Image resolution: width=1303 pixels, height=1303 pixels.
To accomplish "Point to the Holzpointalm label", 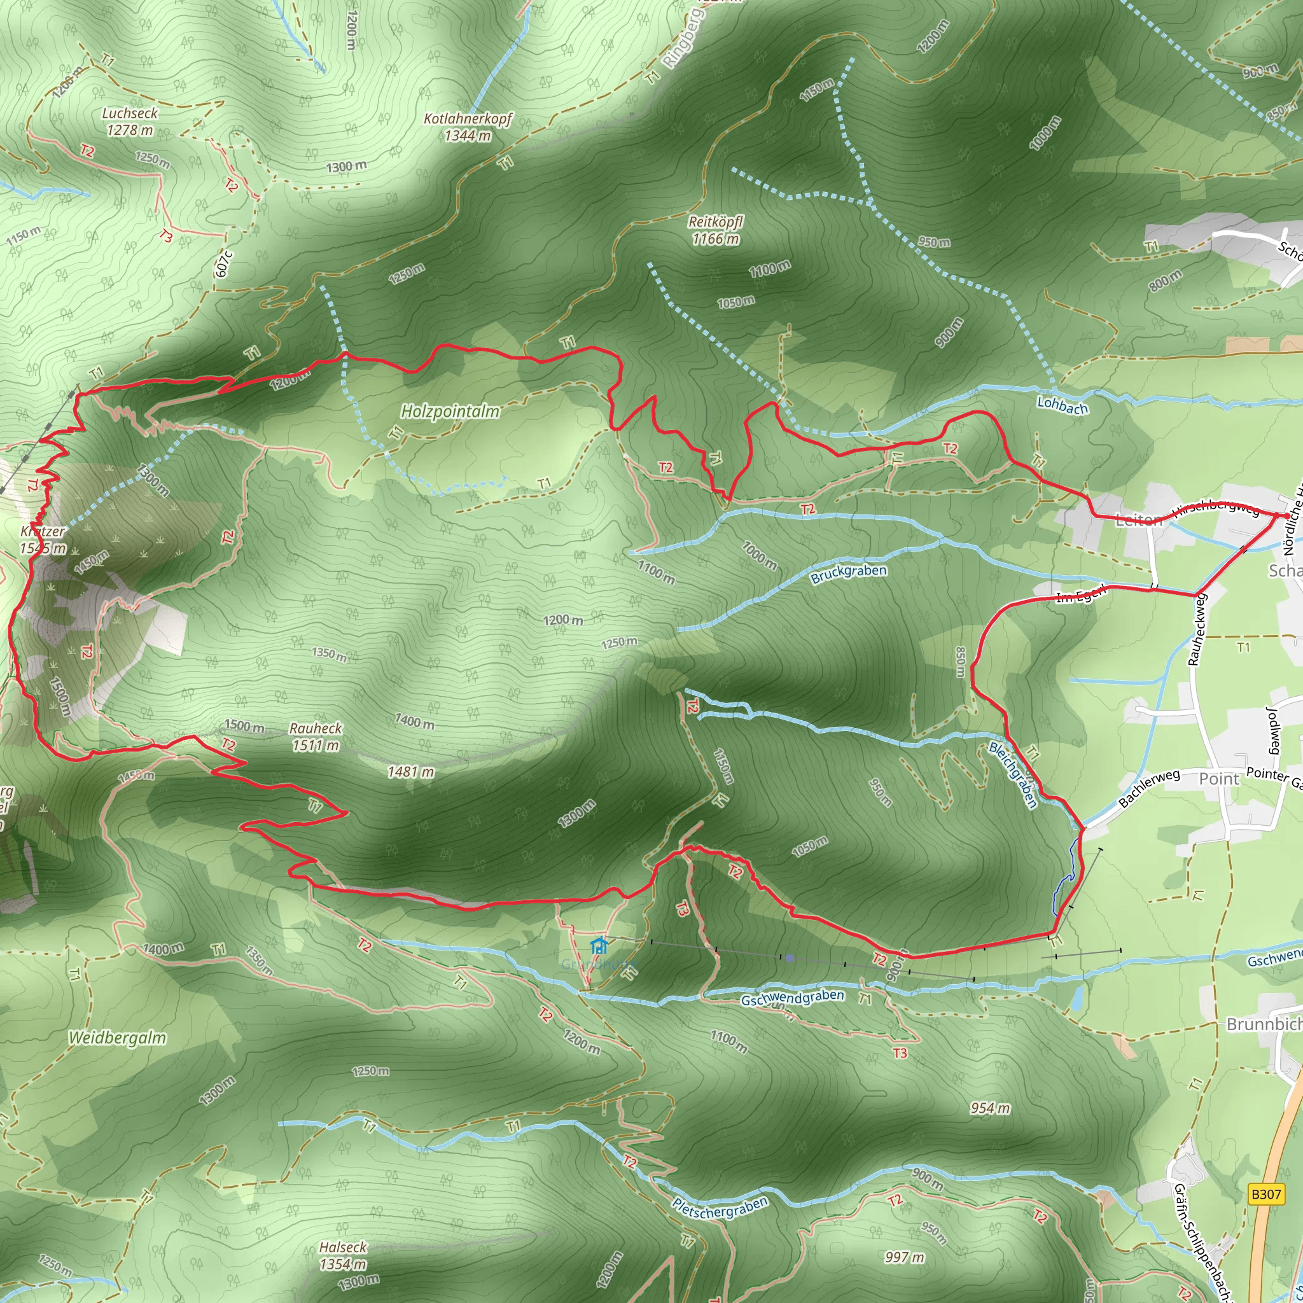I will coord(450,411).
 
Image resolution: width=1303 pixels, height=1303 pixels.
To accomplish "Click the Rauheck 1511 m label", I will coord(316,737).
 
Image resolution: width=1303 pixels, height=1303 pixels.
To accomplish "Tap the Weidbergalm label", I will coord(117,1038).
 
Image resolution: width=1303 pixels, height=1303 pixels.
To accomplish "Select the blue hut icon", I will coord(598,945).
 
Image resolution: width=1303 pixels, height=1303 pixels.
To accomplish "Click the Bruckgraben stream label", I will coord(849,574).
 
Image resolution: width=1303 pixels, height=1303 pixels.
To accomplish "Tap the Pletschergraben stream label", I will coord(720,1207).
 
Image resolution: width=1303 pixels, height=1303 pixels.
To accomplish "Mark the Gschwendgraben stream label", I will coord(793,998).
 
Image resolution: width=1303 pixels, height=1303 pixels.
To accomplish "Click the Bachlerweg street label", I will coord(1149,788).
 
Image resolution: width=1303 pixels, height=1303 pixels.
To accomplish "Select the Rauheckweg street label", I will coord(1197,629).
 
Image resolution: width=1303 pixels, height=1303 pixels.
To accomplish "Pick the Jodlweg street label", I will coord(1272,730).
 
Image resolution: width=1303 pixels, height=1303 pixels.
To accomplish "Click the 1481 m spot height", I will coord(411,772).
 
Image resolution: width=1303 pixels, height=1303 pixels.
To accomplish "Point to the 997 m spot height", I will coord(903,1257).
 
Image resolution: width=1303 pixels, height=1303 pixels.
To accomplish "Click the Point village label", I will coord(1218,779).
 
